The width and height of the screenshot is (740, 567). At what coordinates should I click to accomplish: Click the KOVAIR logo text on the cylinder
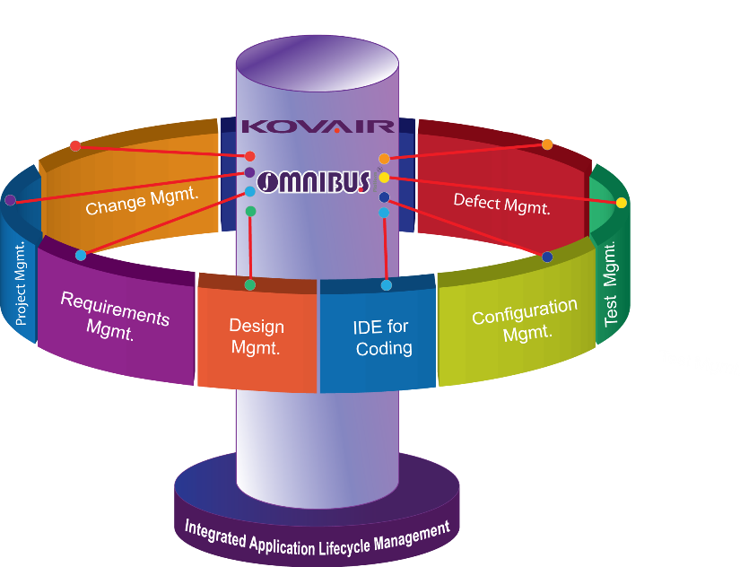pos(318,126)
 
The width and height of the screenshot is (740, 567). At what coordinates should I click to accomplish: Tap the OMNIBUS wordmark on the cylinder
pos(314,182)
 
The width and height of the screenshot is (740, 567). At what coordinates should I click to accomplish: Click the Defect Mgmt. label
pos(501,203)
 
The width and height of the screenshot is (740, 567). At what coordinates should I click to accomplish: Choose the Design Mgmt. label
pos(256,336)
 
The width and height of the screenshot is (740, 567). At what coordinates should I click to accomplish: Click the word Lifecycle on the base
pos(353,542)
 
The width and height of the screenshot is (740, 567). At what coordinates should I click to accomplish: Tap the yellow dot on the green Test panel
pos(622,203)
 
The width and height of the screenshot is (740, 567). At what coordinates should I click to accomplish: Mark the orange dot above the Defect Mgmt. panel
pos(547,144)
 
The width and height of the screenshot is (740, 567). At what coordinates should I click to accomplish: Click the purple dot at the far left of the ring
pos(10,200)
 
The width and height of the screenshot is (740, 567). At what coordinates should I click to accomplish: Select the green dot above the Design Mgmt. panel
pos(250,285)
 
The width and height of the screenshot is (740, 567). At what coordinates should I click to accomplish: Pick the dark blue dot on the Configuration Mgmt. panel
pos(547,257)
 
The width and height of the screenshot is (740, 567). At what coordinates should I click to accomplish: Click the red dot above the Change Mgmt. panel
pos(75,145)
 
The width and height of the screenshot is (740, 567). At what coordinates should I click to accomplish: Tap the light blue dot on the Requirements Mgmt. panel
pos(81,256)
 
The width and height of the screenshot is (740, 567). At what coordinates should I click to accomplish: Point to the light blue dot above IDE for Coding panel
pos(387,285)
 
